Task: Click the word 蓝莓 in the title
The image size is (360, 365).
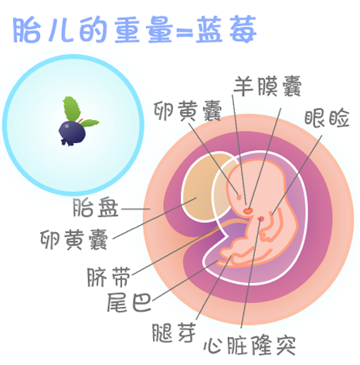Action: click(226, 29)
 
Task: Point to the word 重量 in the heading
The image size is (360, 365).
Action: click(143, 30)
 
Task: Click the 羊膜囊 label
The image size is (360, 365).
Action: click(267, 87)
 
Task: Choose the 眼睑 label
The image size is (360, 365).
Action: click(327, 118)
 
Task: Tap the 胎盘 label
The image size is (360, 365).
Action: click(95, 208)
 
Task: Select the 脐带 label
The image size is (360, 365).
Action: click(109, 277)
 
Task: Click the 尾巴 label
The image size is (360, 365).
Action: click(129, 302)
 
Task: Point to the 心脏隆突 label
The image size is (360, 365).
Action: click(250, 346)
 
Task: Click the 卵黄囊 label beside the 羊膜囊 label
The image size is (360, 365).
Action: click(188, 111)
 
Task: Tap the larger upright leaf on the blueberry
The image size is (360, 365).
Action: click(71, 108)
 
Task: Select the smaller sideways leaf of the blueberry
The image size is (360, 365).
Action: click(90, 123)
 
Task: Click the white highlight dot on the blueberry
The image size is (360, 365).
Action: click(66, 126)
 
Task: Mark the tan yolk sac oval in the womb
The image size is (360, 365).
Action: click(205, 186)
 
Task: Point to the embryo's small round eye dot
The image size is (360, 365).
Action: click(239, 198)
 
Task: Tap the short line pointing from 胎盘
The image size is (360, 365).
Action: click(136, 209)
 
